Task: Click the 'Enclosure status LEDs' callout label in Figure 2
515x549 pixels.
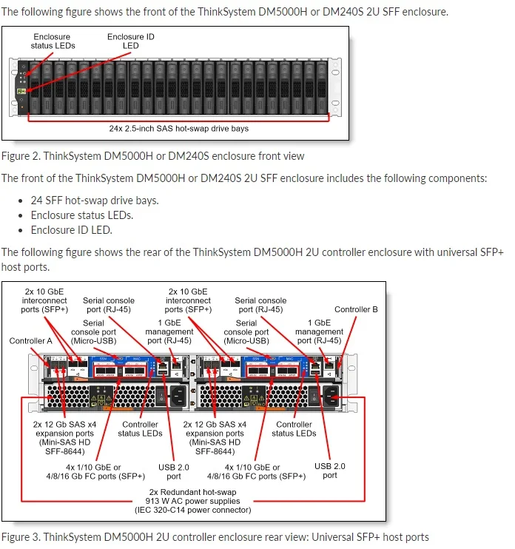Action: tap(53, 41)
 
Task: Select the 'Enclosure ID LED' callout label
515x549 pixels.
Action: tap(131, 41)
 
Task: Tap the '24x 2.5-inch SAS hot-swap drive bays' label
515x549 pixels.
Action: tap(179, 128)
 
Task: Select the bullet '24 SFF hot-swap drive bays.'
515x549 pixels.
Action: tap(95, 201)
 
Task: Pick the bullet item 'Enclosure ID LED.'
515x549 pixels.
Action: tap(71, 230)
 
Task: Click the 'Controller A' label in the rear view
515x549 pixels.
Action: tap(31, 341)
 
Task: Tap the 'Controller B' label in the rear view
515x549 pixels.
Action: tap(356, 309)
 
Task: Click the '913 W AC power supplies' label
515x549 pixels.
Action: tap(194, 501)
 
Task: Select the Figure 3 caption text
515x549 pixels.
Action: tap(215, 536)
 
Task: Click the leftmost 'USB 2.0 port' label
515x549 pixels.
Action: tap(175, 471)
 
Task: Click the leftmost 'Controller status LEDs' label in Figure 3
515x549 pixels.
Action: tap(141, 429)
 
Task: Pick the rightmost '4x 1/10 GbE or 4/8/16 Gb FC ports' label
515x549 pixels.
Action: tap(266, 471)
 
